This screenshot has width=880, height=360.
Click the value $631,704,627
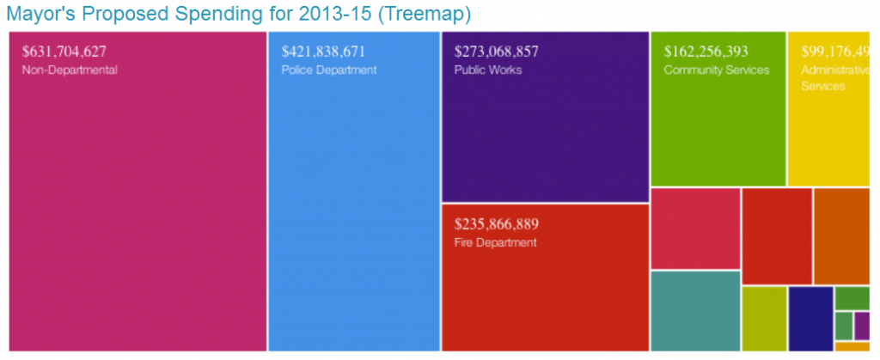[x=64, y=52]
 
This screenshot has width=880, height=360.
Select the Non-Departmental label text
[x=69, y=70]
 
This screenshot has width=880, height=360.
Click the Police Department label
[x=329, y=70]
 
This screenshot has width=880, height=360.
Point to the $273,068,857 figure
[x=497, y=52]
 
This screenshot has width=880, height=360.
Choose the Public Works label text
[x=487, y=70]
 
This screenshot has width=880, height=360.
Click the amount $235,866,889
[x=497, y=225]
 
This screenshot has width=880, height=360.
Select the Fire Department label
[x=495, y=243]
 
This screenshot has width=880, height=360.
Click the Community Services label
[x=717, y=70]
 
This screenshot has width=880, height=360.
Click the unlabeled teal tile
[x=694, y=310]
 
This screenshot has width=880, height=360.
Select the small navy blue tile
[x=810, y=318]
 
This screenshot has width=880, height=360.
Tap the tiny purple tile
[x=862, y=326]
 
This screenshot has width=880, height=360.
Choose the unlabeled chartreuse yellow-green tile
[x=764, y=318]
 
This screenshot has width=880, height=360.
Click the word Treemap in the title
[x=427, y=15]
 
